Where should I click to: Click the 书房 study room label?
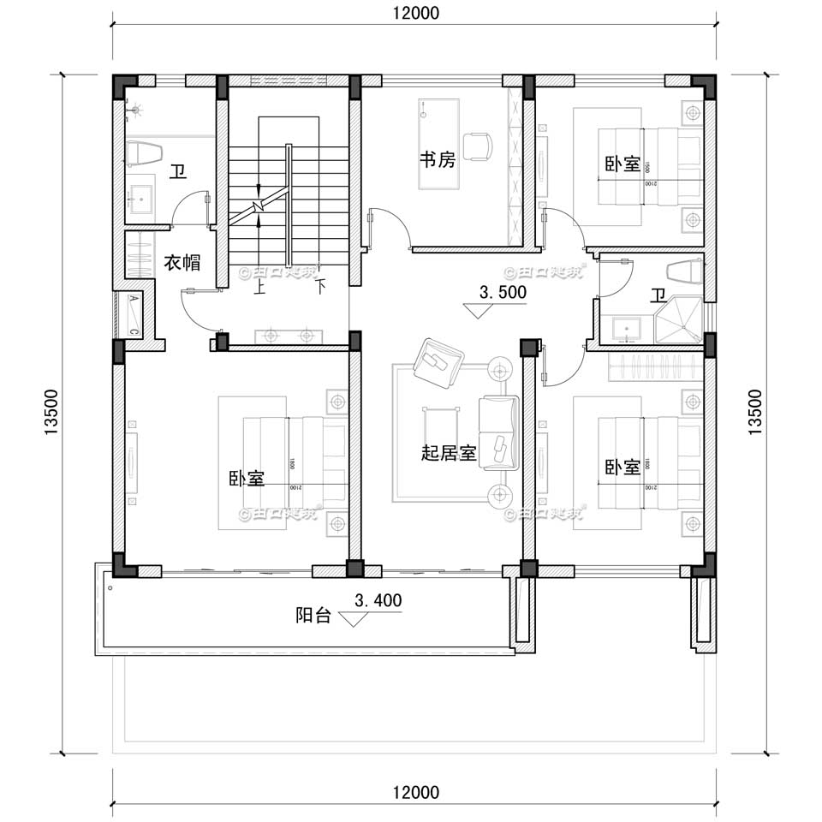point(437,160)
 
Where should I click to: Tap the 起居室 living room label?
point(449,453)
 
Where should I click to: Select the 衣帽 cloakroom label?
point(182,263)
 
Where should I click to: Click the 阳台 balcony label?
point(313,615)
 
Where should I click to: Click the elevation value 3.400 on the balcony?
point(378,601)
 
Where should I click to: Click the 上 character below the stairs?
point(259,289)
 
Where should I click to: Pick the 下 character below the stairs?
point(320,288)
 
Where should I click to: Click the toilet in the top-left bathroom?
point(143,154)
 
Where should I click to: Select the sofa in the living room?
point(498,432)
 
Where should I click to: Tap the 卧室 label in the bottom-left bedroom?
point(247,478)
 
